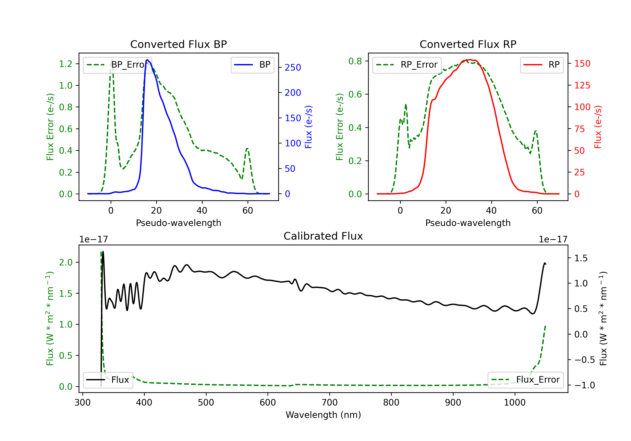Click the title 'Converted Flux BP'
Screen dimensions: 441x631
(x=178, y=44)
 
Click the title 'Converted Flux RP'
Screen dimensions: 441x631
(x=468, y=44)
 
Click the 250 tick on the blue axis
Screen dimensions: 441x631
(x=293, y=67)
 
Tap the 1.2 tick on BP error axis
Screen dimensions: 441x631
(x=66, y=64)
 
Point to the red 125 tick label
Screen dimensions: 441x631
(x=582, y=85)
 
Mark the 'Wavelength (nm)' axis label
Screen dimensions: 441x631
(x=323, y=415)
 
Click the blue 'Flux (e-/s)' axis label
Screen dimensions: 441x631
(x=308, y=127)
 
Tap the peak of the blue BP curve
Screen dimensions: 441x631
(x=147, y=60)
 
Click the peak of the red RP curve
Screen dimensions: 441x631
(x=470, y=60)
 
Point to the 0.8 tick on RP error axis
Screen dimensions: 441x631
(x=355, y=61)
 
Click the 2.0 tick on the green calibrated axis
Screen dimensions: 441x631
(x=66, y=262)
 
